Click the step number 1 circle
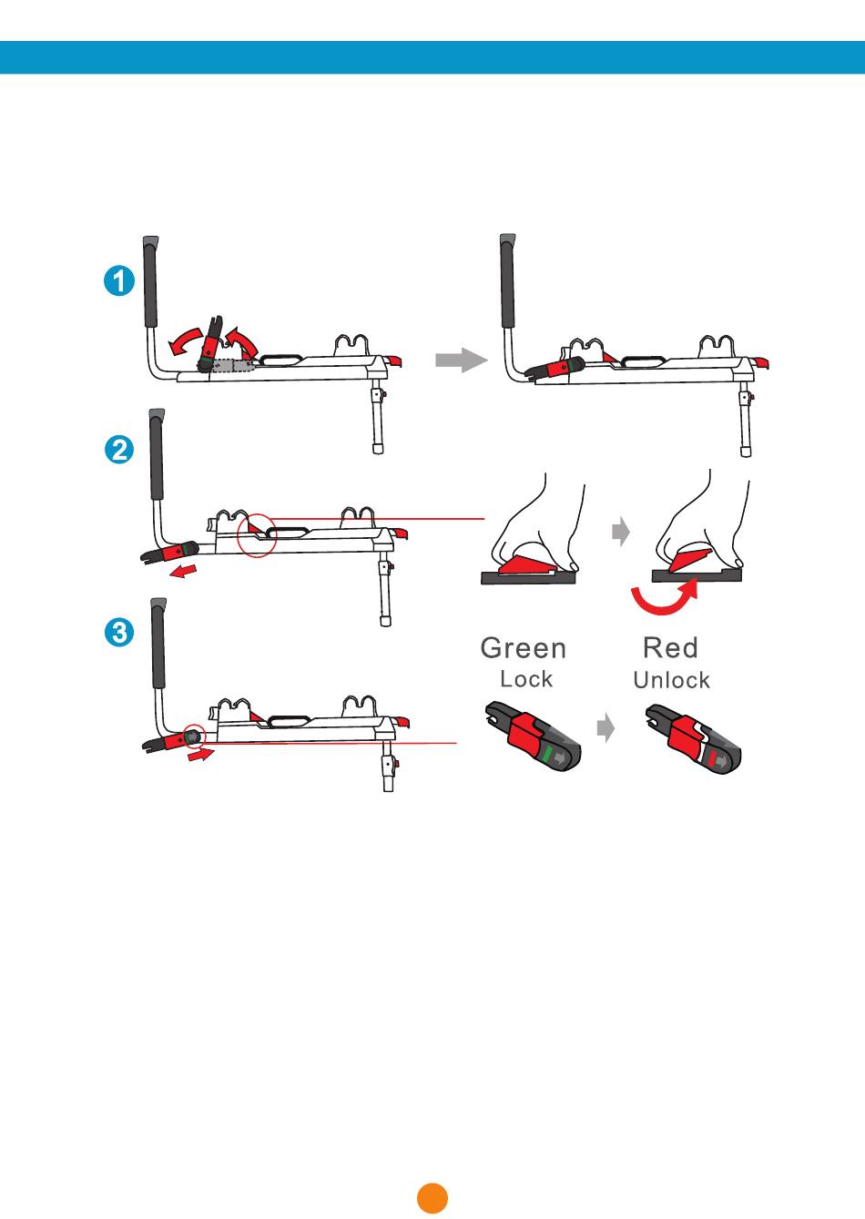[x=119, y=280]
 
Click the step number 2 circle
[x=119, y=450]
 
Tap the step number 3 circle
[x=119, y=632]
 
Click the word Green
[x=524, y=648]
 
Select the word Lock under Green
[x=526, y=679]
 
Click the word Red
[x=670, y=647]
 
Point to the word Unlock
[x=672, y=680]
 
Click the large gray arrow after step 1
[x=461, y=360]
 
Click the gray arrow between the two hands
[x=621, y=531]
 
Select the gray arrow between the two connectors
[x=605, y=727]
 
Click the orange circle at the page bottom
[x=432, y=1198]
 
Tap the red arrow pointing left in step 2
[x=183, y=571]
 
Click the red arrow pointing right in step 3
[x=201, y=755]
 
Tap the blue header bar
[x=432, y=57]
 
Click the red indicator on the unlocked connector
[x=713, y=757]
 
